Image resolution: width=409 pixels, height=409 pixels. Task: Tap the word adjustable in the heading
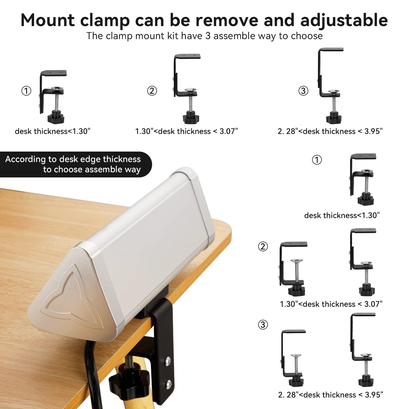pos(344,21)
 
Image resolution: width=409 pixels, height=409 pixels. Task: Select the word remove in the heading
pos(227,20)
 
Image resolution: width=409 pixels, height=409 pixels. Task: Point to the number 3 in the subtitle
pos(208,36)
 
